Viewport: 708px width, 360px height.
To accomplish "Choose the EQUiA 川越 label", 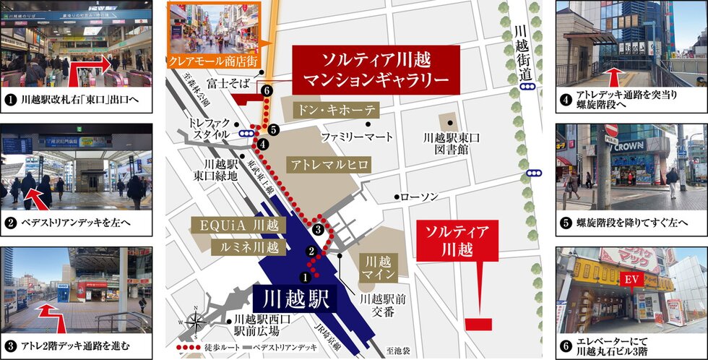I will tap(239, 224).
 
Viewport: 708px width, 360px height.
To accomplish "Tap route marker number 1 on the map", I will tap(304, 276).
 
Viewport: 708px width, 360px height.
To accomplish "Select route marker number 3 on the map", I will tap(319, 230).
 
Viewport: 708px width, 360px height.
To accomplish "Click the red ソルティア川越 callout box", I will tap(457, 241).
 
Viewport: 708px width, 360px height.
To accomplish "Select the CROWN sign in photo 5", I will tap(629, 146).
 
